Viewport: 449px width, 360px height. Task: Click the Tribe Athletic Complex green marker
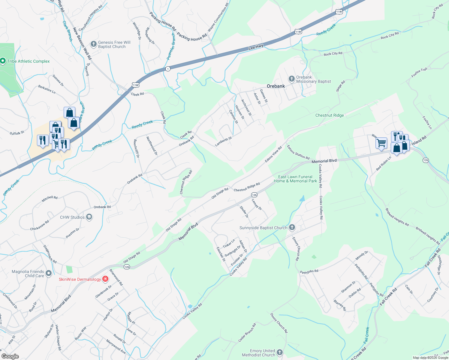tap(3, 61)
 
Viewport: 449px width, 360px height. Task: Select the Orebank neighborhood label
tap(276, 86)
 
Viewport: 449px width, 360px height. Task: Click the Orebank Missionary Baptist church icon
tap(291, 79)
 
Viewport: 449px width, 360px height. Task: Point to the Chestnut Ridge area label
tap(330, 115)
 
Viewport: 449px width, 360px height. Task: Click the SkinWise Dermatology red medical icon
tap(105, 279)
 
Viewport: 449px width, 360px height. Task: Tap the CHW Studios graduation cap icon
tap(89, 217)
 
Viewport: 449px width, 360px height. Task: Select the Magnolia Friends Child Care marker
tap(49, 273)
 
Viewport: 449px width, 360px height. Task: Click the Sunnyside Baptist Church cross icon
tap(292, 228)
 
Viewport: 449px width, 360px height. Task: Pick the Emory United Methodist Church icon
tap(280, 352)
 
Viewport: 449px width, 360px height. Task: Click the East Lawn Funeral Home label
tap(295, 179)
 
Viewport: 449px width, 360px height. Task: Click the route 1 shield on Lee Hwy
tap(168, 69)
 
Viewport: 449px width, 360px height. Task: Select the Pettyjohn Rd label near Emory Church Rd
tap(309, 271)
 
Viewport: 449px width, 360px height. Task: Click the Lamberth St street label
tap(224, 142)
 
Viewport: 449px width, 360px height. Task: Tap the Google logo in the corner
tap(10, 356)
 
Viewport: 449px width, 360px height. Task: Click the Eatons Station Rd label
tap(298, 152)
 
